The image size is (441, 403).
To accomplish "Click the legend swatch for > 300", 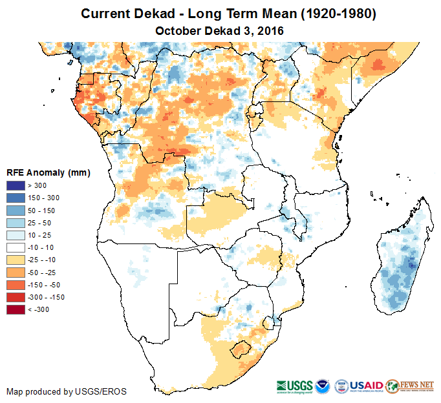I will pyautogui.click(x=16, y=186).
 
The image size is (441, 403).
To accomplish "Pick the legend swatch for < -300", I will pyautogui.click(x=16, y=309).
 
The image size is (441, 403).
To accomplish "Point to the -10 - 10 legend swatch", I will pyautogui.click(x=16, y=247).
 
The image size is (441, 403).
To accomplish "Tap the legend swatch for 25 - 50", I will pyautogui.click(x=16, y=223).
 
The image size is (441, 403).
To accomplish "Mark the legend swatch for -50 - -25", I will pyautogui.click(x=16, y=273).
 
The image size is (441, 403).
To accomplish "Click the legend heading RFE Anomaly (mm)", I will pyautogui.click(x=48, y=172).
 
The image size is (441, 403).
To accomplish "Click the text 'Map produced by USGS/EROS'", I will pyautogui.click(x=67, y=391).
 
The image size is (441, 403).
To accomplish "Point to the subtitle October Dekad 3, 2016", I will pyautogui.click(x=220, y=31).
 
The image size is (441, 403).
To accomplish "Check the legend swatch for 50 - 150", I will pyautogui.click(x=16, y=211).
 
